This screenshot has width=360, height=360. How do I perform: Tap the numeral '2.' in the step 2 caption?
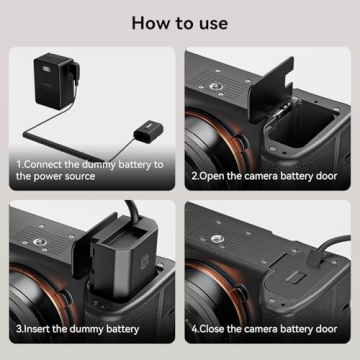(x=197, y=175)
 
